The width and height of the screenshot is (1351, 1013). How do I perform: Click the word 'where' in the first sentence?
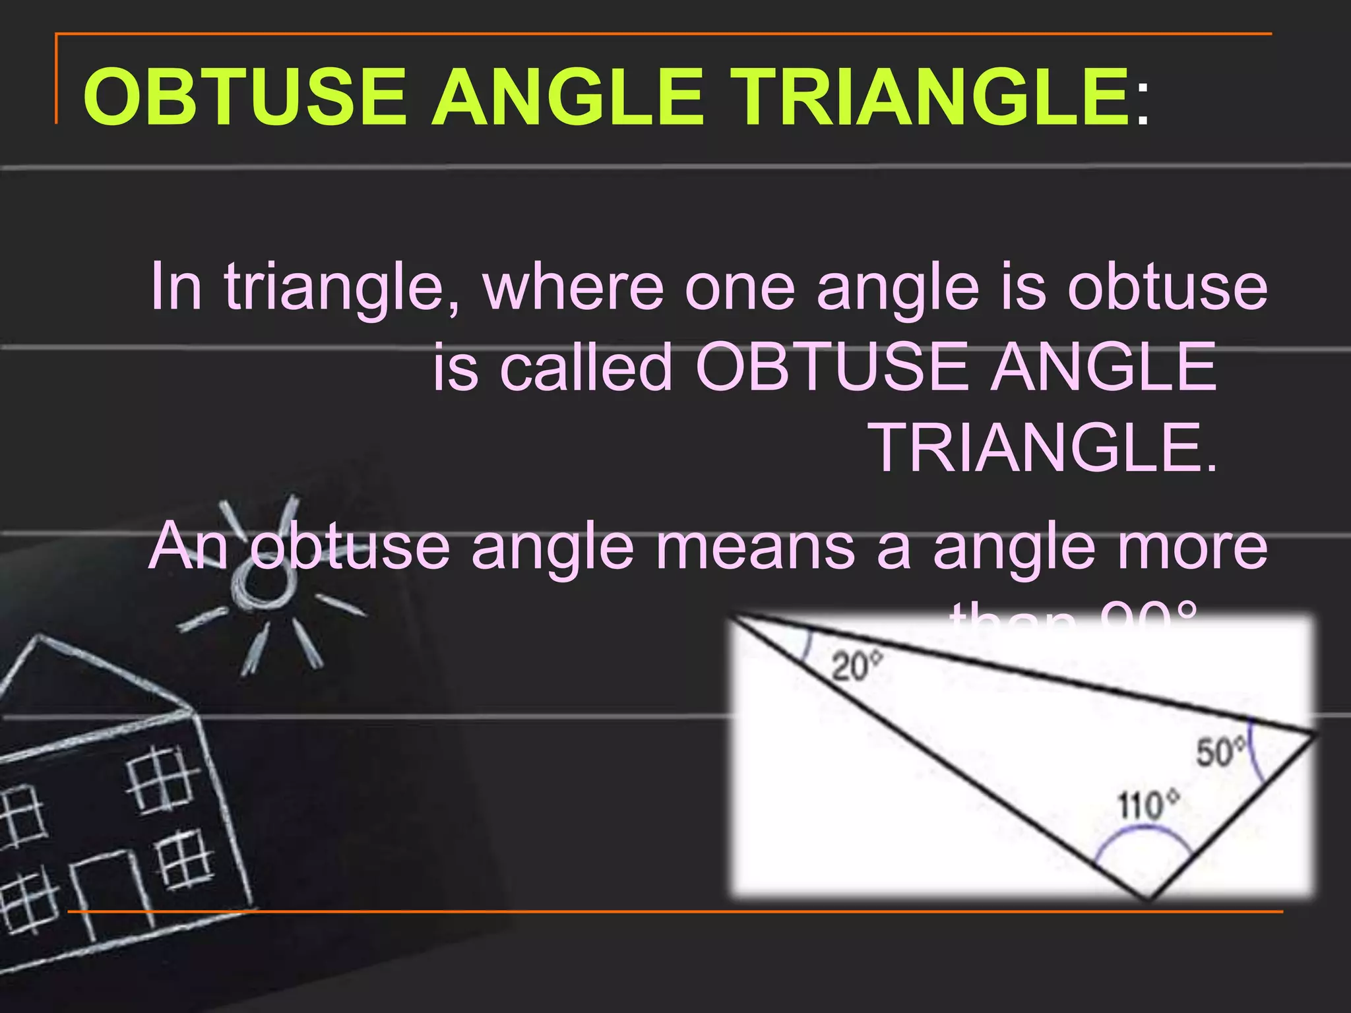573,288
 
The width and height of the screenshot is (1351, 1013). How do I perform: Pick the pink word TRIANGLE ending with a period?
1046,448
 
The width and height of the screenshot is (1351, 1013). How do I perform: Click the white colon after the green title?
1143,106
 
